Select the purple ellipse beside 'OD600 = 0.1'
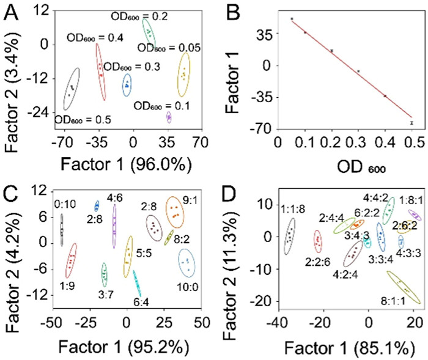tap(169, 117)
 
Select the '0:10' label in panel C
tap(64, 204)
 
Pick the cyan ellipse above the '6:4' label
tap(136, 283)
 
